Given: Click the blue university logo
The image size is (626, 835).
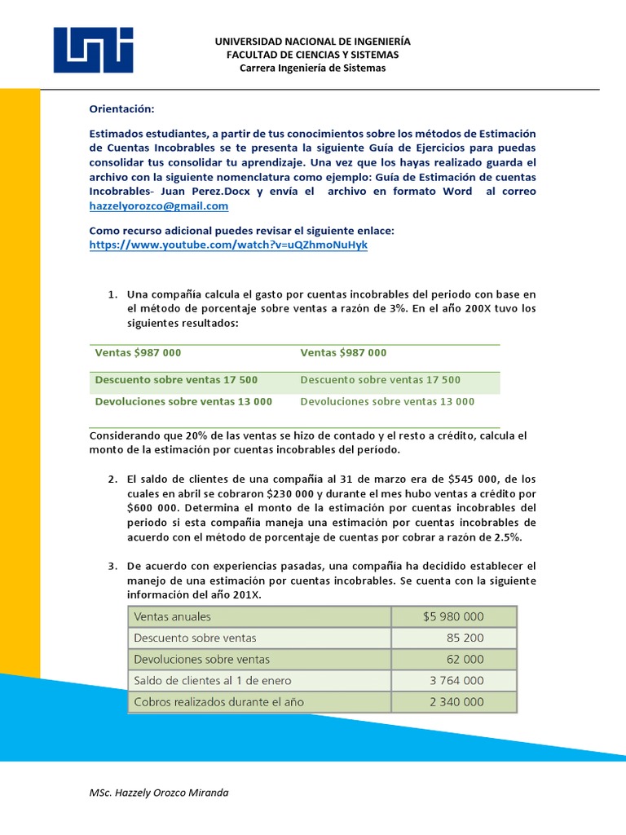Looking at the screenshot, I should pyautogui.click(x=93, y=50).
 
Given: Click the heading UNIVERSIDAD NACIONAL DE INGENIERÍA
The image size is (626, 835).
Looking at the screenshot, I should pyautogui.click(x=312, y=41).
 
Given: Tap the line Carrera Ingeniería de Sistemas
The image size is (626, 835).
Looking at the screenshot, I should pyautogui.click(x=312, y=68).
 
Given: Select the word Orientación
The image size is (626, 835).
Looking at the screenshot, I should pyautogui.click(x=121, y=108).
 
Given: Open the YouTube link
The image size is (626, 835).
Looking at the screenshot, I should pyautogui.click(x=228, y=245).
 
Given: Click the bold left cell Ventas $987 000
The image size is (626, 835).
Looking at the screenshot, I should pyautogui.click(x=138, y=353).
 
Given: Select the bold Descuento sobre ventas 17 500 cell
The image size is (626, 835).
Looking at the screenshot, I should pyautogui.click(x=176, y=380).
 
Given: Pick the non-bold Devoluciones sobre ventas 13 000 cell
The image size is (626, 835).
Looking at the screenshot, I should pyautogui.click(x=387, y=401).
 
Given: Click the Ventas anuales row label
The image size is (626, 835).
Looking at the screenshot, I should pyautogui.click(x=172, y=617).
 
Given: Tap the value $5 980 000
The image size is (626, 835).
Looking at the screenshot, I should pyautogui.click(x=453, y=617).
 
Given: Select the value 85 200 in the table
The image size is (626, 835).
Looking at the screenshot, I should pyautogui.click(x=465, y=638).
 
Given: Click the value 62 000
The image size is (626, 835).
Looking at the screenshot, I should pyautogui.click(x=465, y=659).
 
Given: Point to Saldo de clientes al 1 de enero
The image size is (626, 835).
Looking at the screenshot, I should pyautogui.click(x=212, y=680).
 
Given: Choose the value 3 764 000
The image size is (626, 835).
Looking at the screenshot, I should pyautogui.click(x=456, y=680).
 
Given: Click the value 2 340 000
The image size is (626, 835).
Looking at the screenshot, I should pyautogui.click(x=456, y=701).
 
